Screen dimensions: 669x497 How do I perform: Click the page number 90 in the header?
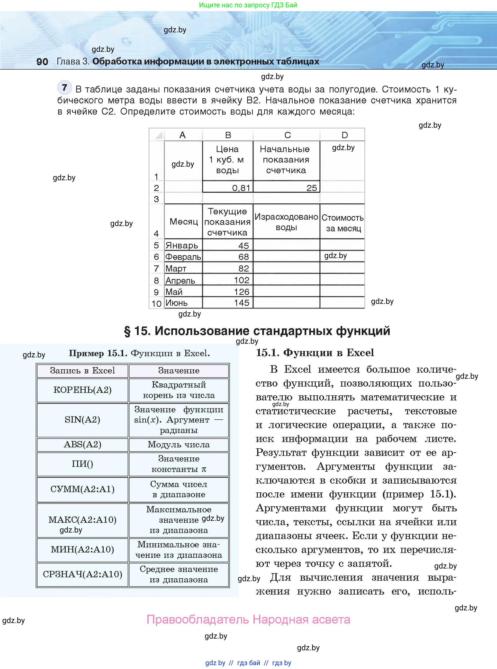(42, 62)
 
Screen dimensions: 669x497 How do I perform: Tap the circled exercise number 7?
(64, 88)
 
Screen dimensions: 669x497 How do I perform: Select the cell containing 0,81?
(228, 188)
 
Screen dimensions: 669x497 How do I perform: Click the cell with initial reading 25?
(286, 188)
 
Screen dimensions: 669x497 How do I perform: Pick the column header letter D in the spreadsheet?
(344, 135)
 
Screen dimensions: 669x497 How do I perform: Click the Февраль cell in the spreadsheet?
(183, 257)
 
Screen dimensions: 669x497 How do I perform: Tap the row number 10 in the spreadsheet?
(156, 303)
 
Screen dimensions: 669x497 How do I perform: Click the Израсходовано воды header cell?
(286, 222)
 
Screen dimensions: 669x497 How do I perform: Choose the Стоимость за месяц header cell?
(342, 223)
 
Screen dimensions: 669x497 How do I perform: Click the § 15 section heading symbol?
(127, 331)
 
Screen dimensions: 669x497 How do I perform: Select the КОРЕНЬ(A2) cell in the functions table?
(82, 390)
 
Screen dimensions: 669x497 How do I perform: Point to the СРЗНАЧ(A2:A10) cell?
(82, 574)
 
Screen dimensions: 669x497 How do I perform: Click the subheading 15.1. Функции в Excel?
(315, 353)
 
